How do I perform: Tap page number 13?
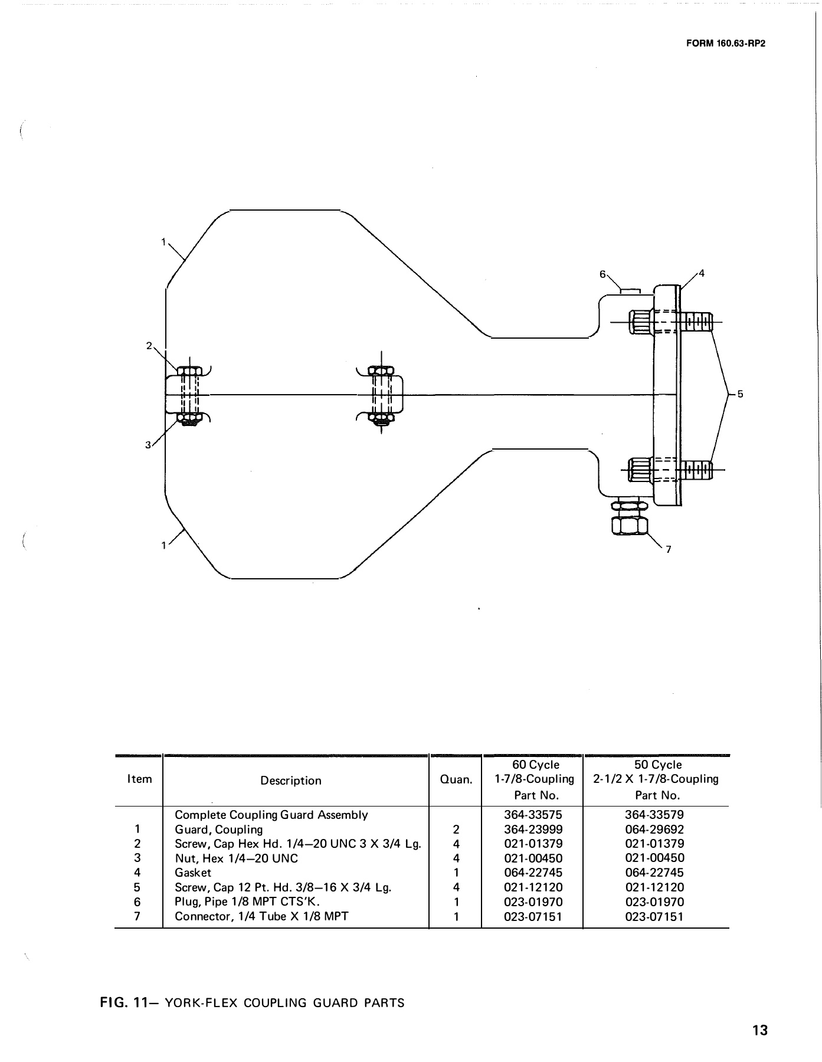pyautogui.click(x=759, y=1030)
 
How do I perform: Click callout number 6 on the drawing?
pyautogui.click(x=602, y=274)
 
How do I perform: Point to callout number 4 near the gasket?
pyautogui.click(x=702, y=273)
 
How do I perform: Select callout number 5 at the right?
pyautogui.click(x=740, y=394)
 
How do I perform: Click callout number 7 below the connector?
pyautogui.click(x=668, y=550)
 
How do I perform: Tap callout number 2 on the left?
pyautogui.click(x=149, y=345)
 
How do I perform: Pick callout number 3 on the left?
pyautogui.click(x=148, y=445)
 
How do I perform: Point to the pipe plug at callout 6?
pyautogui.click(x=630, y=290)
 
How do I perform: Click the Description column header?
pyautogui.click(x=291, y=781)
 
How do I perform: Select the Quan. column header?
pyautogui.click(x=456, y=780)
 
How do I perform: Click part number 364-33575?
pyautogui.click(x=533, y=815)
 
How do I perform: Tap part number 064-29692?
pyautogui.click(x=654, y=829)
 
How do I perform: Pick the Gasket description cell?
pyautogui.click(x=193, y=873)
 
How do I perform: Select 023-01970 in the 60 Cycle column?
pyautogui.click(x=533, y=902)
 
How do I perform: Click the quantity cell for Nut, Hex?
pyautogui.click(x=456, y=858)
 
